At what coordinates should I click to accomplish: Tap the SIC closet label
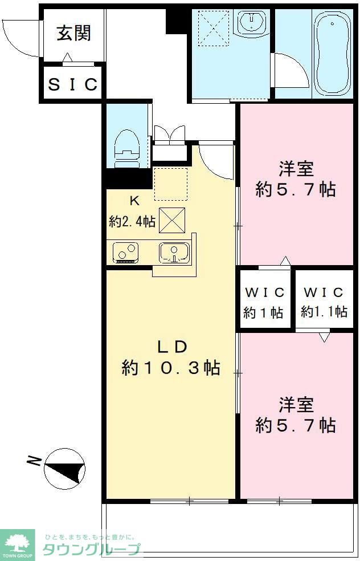(x=72, y=84)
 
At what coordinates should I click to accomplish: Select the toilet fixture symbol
(x=126, y=148)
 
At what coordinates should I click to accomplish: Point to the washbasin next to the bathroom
(x=253, y=22)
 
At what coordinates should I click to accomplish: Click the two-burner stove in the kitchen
(x=125, y=253)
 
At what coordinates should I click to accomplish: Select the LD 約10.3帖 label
(x=170, y=358)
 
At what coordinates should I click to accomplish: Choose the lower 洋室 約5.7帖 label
(x=296, y=415)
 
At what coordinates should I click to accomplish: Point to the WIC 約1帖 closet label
(x=264, y=303)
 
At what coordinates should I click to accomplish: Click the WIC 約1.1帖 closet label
(x=324, y=303)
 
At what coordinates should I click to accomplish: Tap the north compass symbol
(x=65, y=467)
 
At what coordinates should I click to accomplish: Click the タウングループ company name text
(x=91, y=549)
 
